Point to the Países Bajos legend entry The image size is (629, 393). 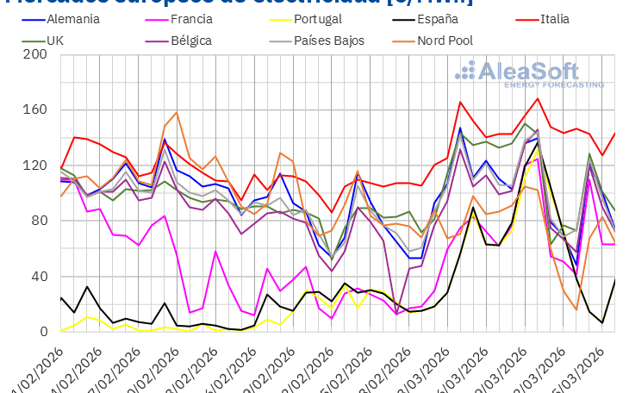coord(329,41)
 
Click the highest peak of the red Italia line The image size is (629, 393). coord(539,98)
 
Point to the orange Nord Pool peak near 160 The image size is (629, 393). coord(177,112)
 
